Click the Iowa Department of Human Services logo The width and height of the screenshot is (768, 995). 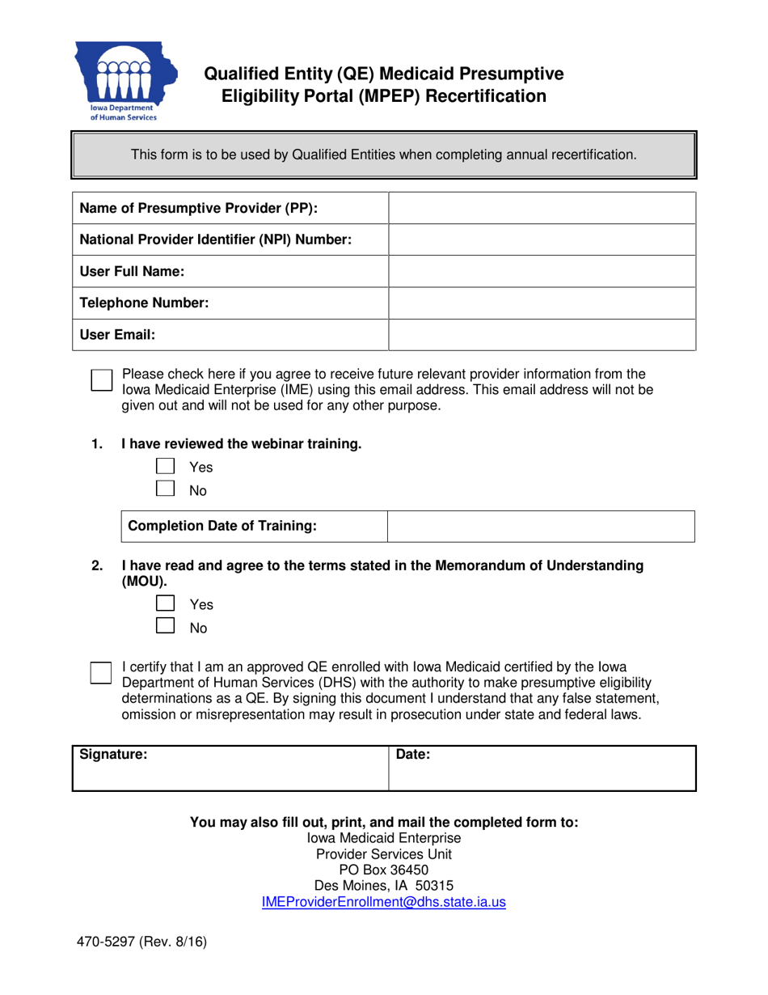point(125,81)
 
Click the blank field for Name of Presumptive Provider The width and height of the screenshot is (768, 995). point(542,208)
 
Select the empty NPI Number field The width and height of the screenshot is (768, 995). point(542,239)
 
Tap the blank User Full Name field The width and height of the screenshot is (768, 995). point(542,271)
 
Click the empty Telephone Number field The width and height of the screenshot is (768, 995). point(542,303)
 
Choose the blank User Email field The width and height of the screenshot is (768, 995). point(542,334)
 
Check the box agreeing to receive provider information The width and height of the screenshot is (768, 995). point(100,381)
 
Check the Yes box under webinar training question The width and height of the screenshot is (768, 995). point(165,466)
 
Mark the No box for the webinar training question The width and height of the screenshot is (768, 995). point(165,489)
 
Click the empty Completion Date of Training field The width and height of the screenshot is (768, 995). point(541,526)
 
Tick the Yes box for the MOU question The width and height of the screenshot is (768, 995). point(165,603)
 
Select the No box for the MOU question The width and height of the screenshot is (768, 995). point(165,626)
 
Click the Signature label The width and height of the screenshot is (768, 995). point(113,755)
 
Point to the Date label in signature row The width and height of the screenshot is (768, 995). point(412,755)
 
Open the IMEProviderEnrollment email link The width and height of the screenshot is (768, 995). point(384,902)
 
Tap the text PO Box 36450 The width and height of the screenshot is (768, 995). point(384,870)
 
